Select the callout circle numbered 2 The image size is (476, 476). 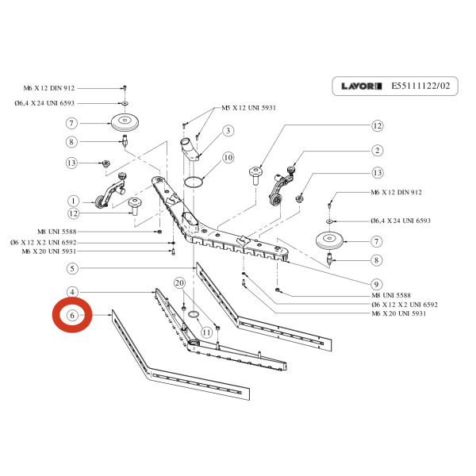378,151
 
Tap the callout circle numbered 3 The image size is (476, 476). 227,131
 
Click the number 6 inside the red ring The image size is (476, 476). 72,316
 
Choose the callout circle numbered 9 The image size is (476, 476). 378,284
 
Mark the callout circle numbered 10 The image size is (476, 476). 228,158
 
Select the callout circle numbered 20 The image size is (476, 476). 179,283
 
